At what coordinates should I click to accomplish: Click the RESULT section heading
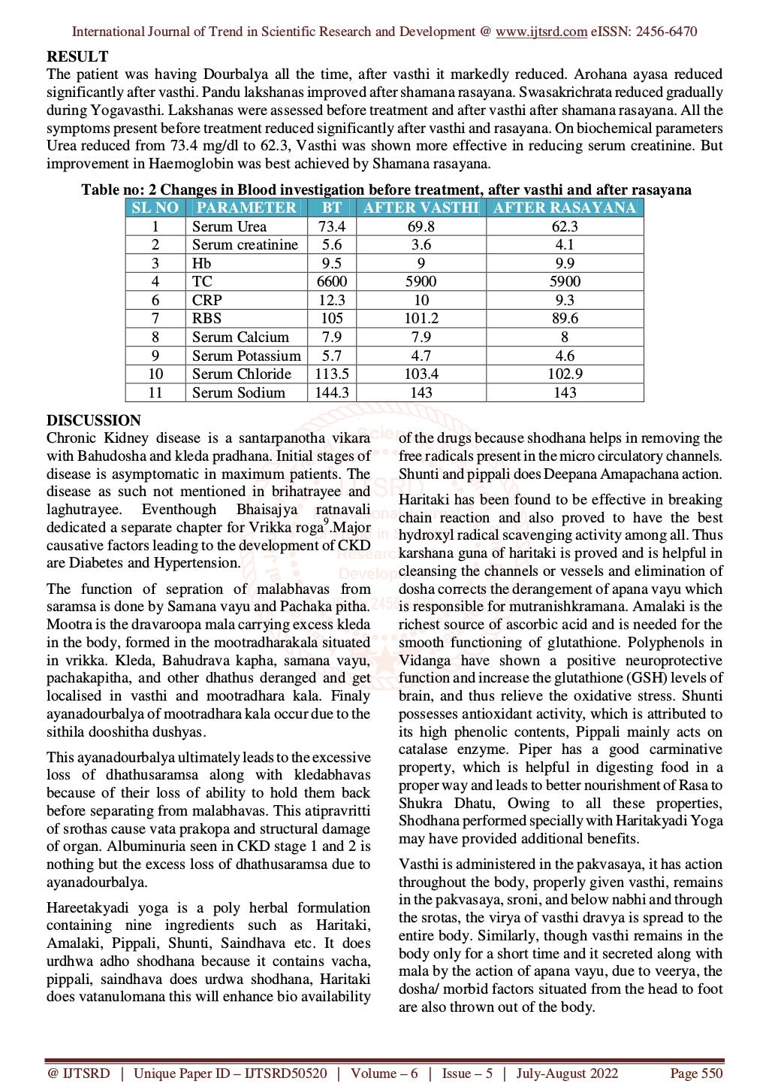[77, 56]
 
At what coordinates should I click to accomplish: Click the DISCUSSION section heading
[94, 420]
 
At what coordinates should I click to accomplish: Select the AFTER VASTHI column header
[421, 207]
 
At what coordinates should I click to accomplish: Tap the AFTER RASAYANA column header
[565, 207]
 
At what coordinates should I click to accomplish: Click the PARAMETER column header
[246, 207]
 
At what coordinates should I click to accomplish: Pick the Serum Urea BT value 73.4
[332, 226]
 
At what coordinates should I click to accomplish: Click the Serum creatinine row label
[245, 244]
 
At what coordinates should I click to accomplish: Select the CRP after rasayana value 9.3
[565, 300]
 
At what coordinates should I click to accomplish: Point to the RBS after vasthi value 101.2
[421, 318]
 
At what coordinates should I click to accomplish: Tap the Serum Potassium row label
[246, 356]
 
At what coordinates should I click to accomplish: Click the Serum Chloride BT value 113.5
[332, 374]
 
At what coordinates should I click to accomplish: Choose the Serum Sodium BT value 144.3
[332, 392]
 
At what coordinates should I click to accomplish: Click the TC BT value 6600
[332, 281]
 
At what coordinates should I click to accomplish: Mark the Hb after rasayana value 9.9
[565, 263]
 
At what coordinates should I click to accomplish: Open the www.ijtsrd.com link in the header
[541, 32]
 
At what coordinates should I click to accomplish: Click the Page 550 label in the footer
[696, 1073]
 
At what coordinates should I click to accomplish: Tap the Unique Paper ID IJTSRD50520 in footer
[230, 1073]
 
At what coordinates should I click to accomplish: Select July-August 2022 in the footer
[567, 1073]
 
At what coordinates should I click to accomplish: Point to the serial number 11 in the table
[155, 392]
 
